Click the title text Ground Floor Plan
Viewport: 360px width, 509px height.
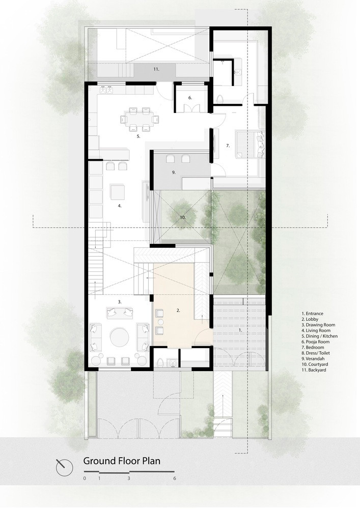pos(122,461)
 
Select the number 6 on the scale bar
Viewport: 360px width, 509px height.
pos(175,478)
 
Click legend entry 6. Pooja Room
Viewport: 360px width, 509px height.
pos(315,342)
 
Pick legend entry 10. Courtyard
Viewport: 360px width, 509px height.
pos(314,364)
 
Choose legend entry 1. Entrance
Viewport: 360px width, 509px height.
pos(312,314)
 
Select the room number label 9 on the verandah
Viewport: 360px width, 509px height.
pos(174,173)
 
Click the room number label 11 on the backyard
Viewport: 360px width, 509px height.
pos(156,69)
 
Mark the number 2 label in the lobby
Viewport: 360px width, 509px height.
pos(178,310)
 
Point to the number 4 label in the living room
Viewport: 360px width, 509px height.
pos(120,206)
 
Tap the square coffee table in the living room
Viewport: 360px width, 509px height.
pos(118,191)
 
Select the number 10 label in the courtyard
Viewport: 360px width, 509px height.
pos(183,217)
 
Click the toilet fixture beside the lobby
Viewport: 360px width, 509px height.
pos(159,362)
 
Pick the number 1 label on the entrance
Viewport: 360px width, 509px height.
pos(240,330)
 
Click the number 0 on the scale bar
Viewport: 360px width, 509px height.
pos(85,478)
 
